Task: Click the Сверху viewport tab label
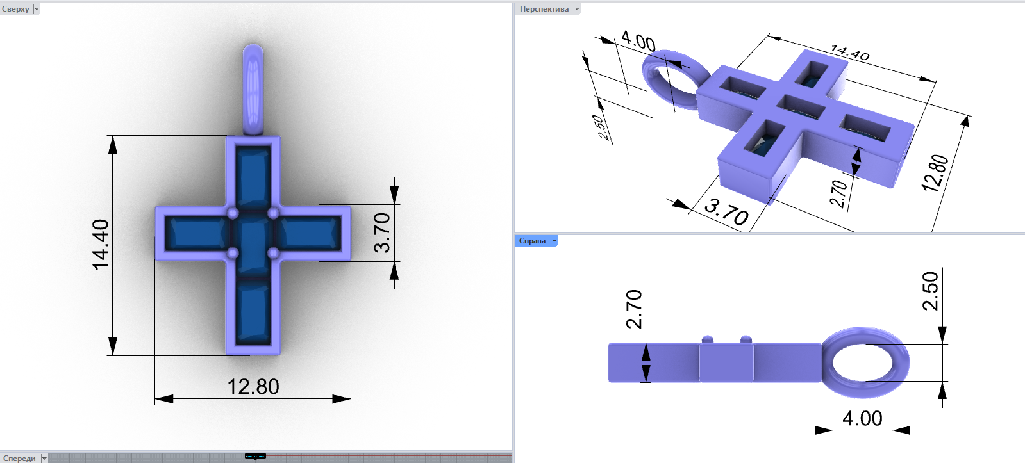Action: [x=15, y=9]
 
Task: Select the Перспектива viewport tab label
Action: [x=544, y=9]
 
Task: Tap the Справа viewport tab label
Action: [x=532, y=241]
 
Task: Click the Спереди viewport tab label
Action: [x=19, y=458]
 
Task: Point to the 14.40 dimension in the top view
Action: [x=101, y=245]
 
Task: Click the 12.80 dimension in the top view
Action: [x=253, y=387]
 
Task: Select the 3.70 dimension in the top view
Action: [x=382, y=233]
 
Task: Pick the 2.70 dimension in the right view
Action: [x=634, y=309]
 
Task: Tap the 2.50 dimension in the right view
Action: [x=930, y=291]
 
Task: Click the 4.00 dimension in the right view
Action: [x=862, y=419]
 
